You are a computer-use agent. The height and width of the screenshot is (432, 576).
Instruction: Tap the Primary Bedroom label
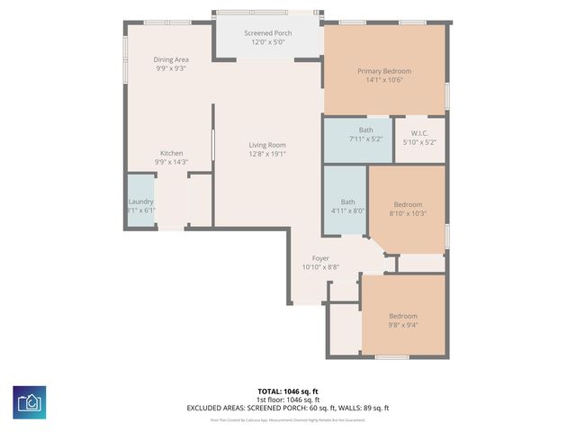coord(384,71)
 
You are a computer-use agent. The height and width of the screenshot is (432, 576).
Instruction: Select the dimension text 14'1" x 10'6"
coord(384,80)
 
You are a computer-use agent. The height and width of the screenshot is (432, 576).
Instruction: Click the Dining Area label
coord(171,59)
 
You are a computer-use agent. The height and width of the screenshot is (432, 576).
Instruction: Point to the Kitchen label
coord(172,153)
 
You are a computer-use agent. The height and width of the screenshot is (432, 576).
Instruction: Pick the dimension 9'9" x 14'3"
coord(172,162)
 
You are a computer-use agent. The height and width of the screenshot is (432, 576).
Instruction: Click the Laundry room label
coord(141,202)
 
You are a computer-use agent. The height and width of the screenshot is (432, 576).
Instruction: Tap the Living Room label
coord(267,145)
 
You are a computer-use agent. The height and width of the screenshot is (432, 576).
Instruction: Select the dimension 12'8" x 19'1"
coord(267,154)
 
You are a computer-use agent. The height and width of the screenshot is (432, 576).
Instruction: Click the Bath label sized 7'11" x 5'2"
coord(358,130)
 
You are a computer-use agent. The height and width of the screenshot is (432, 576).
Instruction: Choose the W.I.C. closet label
coord(418,133)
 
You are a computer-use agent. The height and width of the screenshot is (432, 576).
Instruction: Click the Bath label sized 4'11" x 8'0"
coord(347,202)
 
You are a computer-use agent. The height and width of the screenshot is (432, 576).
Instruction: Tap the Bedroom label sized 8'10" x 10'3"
coord(407,204)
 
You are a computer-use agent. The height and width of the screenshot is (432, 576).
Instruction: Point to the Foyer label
coord(320,258)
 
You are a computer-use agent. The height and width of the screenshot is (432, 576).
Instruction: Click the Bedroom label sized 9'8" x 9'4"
coord(403,316)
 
